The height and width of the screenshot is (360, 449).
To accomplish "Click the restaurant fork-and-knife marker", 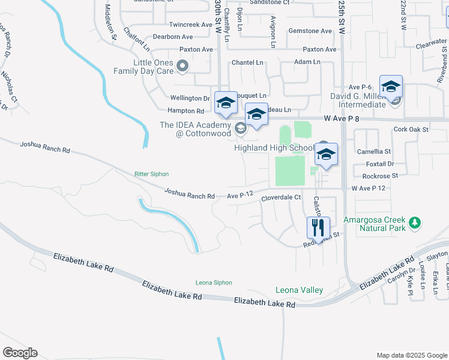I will (x=318, y=227).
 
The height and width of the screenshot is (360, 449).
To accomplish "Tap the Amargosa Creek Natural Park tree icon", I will (x=414, y=224).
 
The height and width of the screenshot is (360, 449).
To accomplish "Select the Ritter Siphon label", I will (x=151, y=174).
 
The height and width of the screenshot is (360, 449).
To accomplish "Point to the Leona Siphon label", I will (x=213, y=283).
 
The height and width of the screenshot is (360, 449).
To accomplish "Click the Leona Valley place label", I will (x=299, y=290).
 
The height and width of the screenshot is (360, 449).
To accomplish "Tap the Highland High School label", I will (x=274, y=148).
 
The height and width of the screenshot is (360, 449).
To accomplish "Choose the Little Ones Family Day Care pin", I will (x=183, y=67).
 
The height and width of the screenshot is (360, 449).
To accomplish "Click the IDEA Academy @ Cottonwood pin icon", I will (x=240, y=127).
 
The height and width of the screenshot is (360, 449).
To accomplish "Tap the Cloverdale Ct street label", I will (x=280, y=197).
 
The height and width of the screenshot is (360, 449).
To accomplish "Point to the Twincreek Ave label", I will (x=191, y=25).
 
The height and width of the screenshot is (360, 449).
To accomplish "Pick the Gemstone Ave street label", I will (x=310, y=31).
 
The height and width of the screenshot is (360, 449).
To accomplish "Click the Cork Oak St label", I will (x=411, y=129).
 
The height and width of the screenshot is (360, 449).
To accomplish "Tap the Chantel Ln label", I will (x=247, y=62).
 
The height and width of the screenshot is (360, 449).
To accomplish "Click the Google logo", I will (x=20, y=352).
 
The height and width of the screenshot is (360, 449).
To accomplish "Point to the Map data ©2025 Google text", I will (x=412, y=355).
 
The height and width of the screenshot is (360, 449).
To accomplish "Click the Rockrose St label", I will (x=380, y=176).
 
